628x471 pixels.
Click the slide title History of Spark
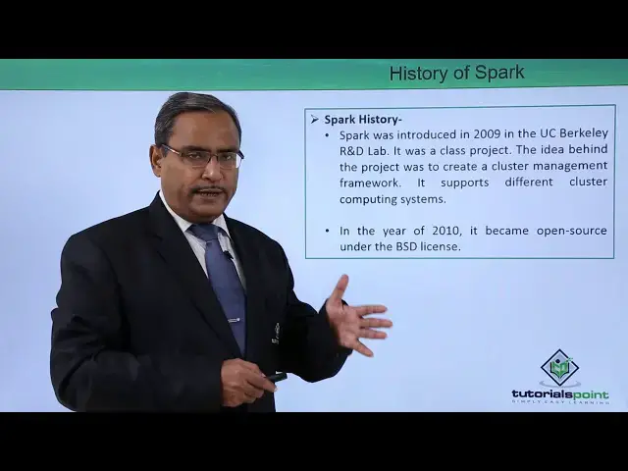click(456, 73)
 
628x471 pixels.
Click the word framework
click(370, 183)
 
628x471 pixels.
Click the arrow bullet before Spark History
click(315, 119)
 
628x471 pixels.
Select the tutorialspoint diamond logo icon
click(559, 368)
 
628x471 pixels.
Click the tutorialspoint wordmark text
click(559, 393)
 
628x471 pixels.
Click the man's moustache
click(208, 187)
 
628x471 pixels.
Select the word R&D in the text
click(355, 150)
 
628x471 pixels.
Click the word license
click(439, 246)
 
